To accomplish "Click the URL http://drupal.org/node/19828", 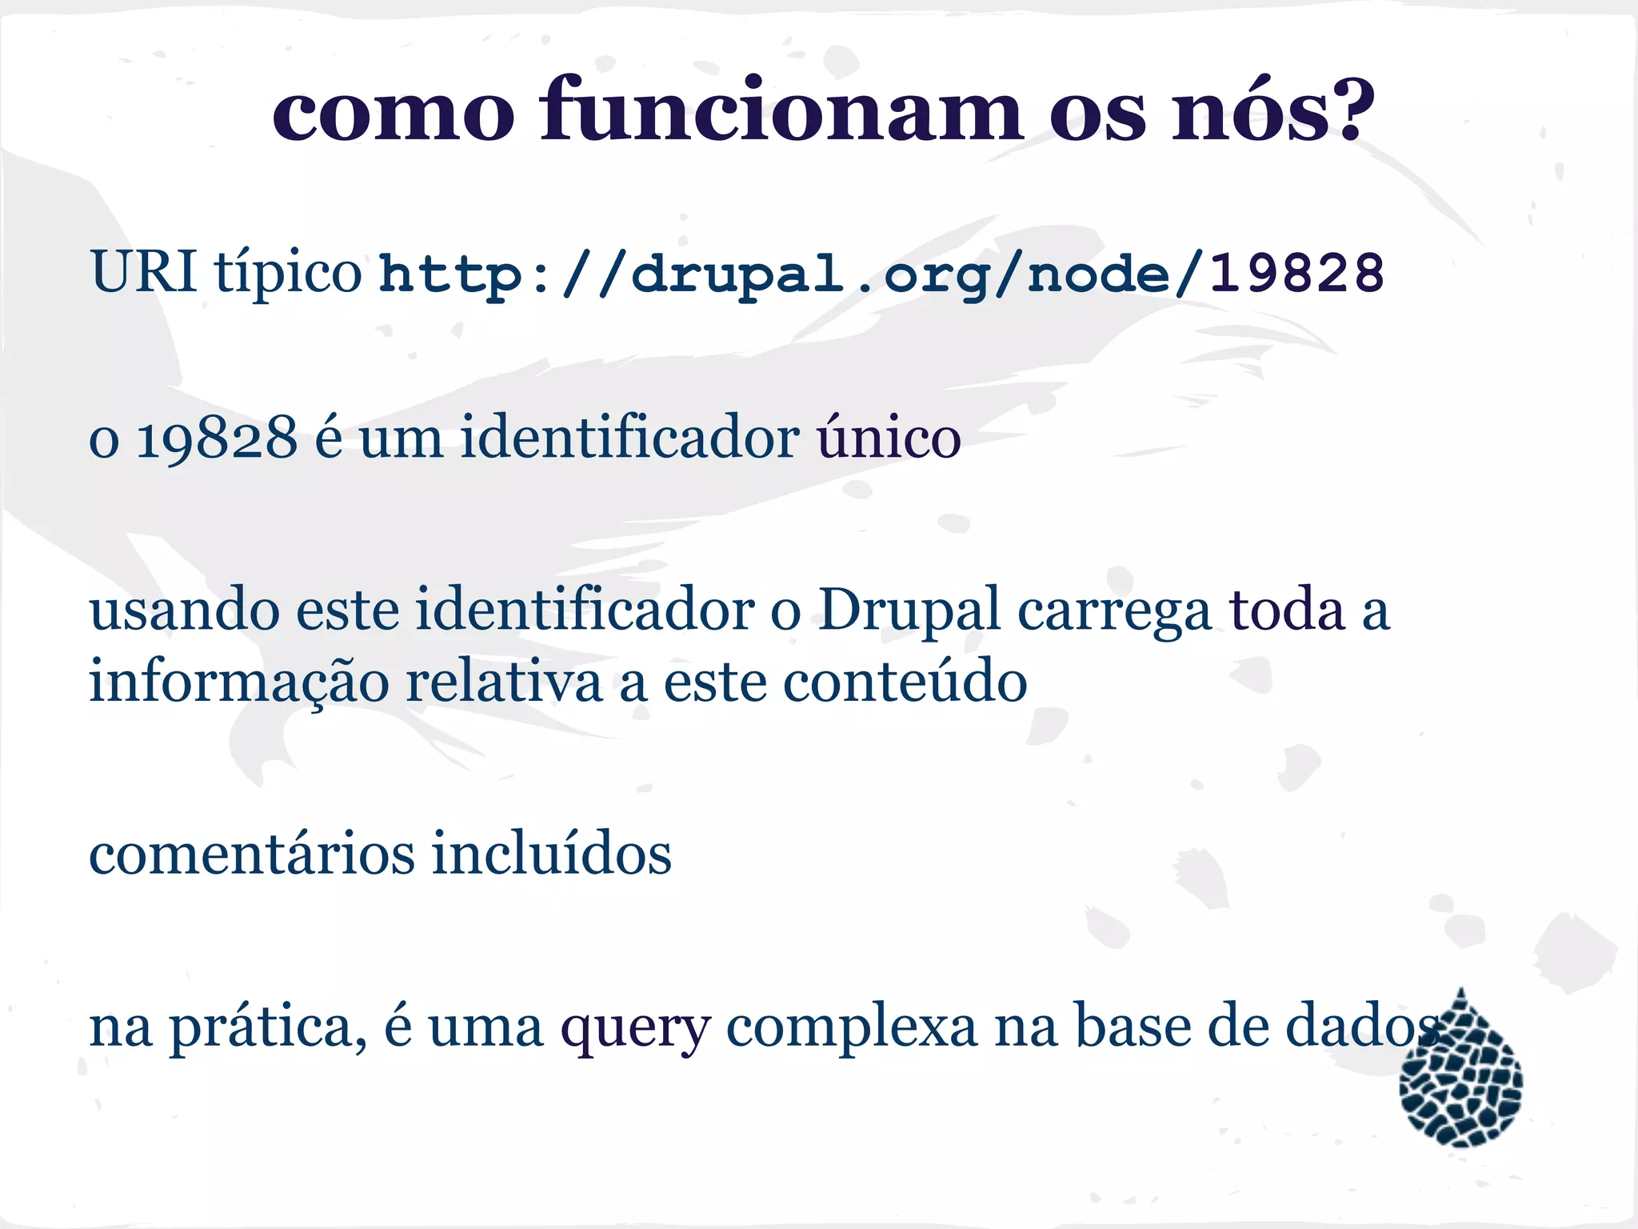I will tap(881, 274).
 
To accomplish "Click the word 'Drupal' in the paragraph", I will tap(909, 610).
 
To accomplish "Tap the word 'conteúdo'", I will tap(905, 682).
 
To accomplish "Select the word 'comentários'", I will tap(252, 854).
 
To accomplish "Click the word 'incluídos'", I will tap(552, 853).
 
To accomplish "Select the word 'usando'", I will tap(184, 610).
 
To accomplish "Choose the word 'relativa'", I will tap(504, 682).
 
